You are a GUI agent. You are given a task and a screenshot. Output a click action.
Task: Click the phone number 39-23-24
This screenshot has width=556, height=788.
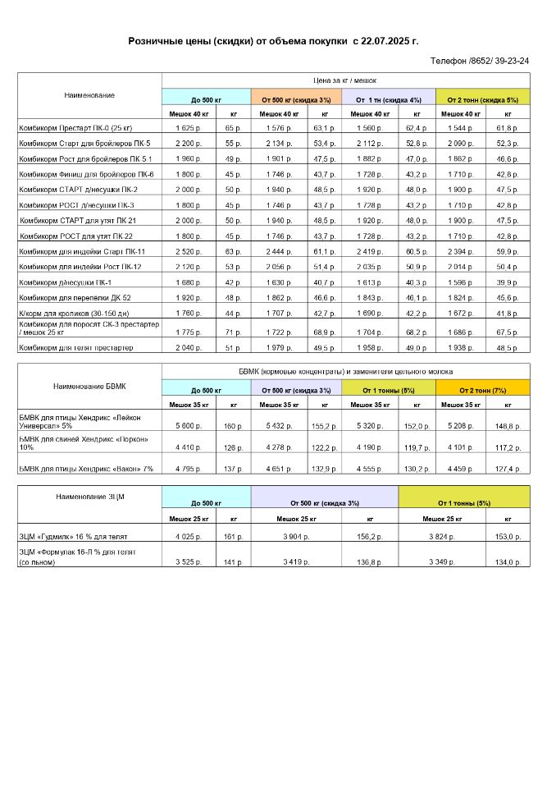pyautogui.click(x=508, y=61)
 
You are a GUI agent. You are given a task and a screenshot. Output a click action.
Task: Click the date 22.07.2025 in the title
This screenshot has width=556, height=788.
pyautogui.click(x=390, y=40)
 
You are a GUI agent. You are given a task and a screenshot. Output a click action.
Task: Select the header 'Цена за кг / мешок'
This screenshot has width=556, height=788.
pyautogui.click(x=345, y=80)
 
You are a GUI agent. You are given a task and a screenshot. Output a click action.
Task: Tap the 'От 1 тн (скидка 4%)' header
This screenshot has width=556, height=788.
pyautogui.click(x=390, y=99)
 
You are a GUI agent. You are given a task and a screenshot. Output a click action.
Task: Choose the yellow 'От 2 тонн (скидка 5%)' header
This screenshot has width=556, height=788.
pyautogui.click(x=482, y=99)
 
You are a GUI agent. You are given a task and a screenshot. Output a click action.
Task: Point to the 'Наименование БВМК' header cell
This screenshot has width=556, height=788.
pyautogui.click(x=89, y=386)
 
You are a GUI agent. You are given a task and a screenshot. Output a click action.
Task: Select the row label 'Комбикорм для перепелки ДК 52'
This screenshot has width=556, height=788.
pyautogui.click(x=75, y=297)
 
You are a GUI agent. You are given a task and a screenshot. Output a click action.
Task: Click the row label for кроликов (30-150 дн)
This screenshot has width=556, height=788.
pyautogui.click(x=74, y=313)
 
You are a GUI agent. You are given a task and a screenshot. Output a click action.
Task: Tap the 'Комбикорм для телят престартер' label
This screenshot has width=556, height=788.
pyautogui.click(x=75, y=348)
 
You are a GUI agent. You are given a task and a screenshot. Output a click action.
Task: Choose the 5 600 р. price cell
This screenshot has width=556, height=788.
pyautogui.click(x=189, y=426)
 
